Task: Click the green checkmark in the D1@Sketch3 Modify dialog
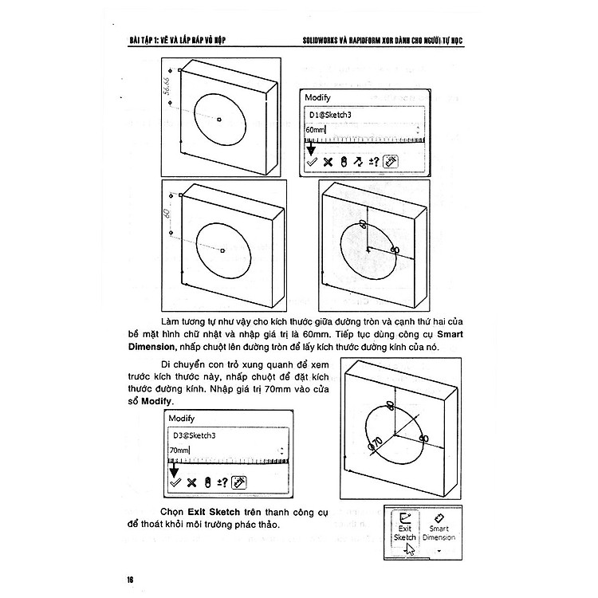coord(312,161)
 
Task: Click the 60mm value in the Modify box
coord(317,129)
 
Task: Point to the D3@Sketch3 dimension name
coord(195,435)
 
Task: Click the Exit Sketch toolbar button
coord(404,528)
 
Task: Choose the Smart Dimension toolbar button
coord(439,528)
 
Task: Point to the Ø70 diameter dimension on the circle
coord(376,443)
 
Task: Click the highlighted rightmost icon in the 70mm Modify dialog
coord(238,482)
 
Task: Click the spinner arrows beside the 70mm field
coord(281,451)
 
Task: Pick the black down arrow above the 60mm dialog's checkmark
coord(312,147)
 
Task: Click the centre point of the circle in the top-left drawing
coord(218,120)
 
